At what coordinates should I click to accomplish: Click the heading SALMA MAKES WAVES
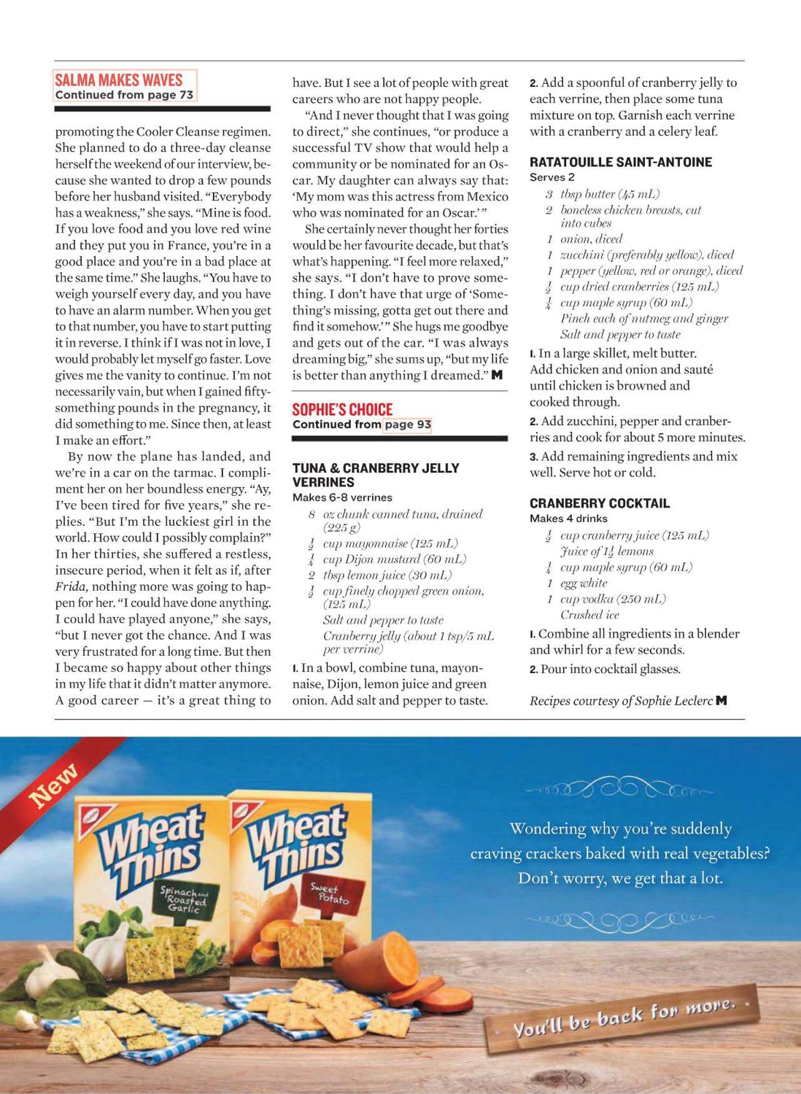pyautogui.click(x=118, y=79)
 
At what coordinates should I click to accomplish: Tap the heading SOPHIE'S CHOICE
pyautogui.click(x=342, y=409)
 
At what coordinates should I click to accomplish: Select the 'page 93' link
pyautogui.click(x=407, y=424)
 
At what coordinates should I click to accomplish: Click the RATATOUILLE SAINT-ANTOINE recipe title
pyautogui.click(x=620, y=162)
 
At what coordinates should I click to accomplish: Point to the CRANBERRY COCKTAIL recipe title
pyautogui.click(x=599, y=503)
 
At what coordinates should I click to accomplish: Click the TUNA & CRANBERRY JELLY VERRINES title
pyautogui.click(x=375, y=475)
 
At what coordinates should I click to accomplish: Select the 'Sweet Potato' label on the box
pyautogui.click(x=330, y=893)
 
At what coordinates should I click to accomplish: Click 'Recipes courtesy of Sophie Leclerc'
pyautogui.click(x=622, y=701)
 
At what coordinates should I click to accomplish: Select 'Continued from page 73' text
pyautogui.click(x=124, y=95)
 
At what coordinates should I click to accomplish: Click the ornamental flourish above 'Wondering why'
pyautogui.click(x=620, y=790)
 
